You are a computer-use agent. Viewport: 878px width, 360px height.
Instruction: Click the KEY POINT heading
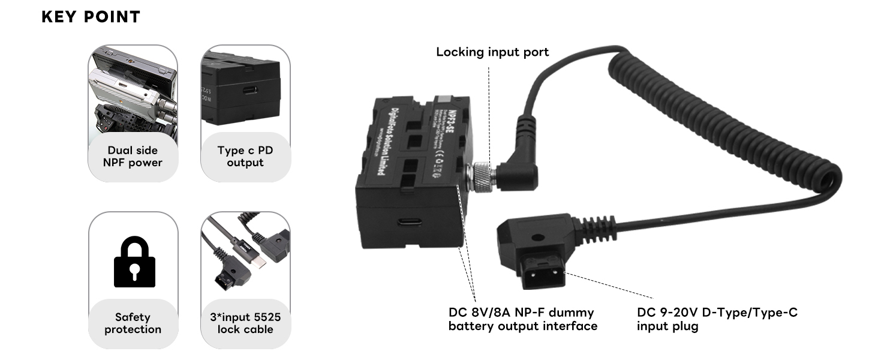pyautogui.click(x=91, y=17)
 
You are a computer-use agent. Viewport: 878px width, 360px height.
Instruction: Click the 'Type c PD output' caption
pyautogui.click(x=245, y=157)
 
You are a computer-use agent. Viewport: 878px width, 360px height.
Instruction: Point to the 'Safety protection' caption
pyautogui.click(x=133, y=323)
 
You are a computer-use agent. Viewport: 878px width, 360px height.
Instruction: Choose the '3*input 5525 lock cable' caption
pyautogui.click(x=245, y=323)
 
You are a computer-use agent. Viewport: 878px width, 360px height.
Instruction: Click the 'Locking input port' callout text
pyautogui.click(x=492, y=52)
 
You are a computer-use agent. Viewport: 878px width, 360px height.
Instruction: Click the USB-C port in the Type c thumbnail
pyautogui.click(x=249, y=91)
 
